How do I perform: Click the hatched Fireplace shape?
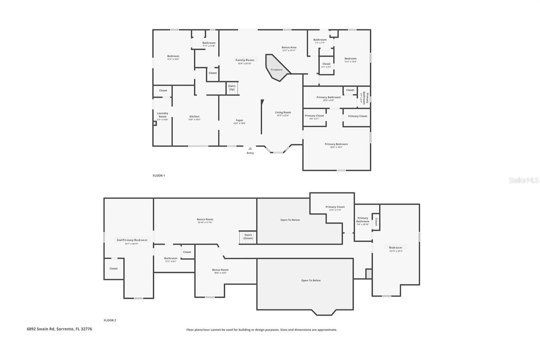(276, 68)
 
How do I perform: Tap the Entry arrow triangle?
(250, 148)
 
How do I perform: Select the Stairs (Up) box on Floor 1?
(232, 88)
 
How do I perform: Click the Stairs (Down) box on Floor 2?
(248, 237)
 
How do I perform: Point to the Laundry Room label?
(163, 115)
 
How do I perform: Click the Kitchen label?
(194, 117)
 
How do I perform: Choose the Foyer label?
(239, 121)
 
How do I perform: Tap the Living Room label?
(283, 113)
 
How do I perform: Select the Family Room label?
(245, 60)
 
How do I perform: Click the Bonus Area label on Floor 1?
(289, 48)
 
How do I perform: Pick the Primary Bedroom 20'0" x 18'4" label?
(336, 145)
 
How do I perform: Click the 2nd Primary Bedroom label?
(132, 240)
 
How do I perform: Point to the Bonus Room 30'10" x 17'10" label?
(205, 220)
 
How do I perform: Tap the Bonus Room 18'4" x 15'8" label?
(220, 270)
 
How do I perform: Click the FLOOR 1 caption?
(159, 176)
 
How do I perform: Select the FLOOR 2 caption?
(110, 320)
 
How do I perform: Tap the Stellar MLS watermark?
(523, 180)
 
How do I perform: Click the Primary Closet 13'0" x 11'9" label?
(335, 207)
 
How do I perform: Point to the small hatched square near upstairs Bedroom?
(369, 274)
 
